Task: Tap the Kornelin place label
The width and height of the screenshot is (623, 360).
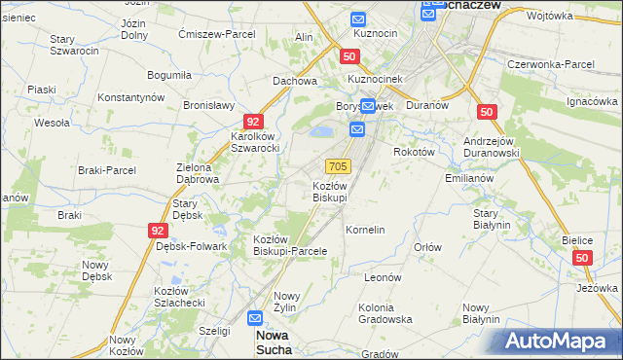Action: click(366, 230)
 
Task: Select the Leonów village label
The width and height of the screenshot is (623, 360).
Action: click(383, 277)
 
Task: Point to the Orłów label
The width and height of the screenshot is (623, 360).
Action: click(427, 247)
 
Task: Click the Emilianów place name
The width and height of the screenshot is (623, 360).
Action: click(469, 179)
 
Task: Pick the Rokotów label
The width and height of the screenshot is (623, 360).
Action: click(414, 152)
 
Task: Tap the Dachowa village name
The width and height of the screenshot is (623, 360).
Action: click(295, 82)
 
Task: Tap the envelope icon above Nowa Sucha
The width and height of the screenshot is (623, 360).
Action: click(255, 317)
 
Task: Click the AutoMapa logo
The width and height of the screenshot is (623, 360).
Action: click(562, 341)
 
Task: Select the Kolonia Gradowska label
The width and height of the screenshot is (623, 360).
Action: click(385, 313)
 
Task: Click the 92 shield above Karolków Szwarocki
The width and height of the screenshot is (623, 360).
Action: click(253, 122)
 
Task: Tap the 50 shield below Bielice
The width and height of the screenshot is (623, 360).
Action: click(583, 258)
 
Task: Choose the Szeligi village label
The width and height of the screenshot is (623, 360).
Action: click(213, 331)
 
